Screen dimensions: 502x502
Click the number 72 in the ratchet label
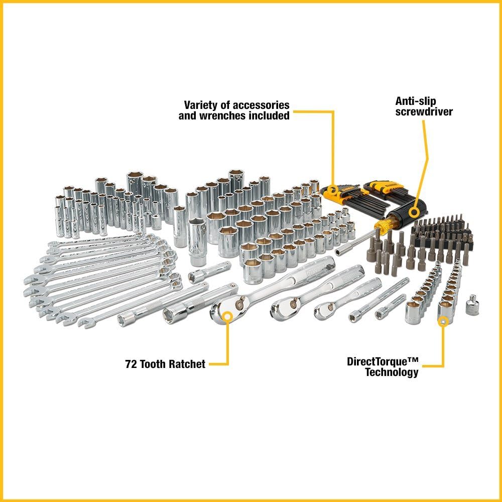click(132, 364)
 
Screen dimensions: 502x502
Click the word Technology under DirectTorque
click(392, 372)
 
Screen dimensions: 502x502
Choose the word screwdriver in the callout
click(424, 111)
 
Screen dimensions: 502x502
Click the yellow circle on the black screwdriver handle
click(414, 211)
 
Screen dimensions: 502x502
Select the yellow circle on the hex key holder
click(333, 193)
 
